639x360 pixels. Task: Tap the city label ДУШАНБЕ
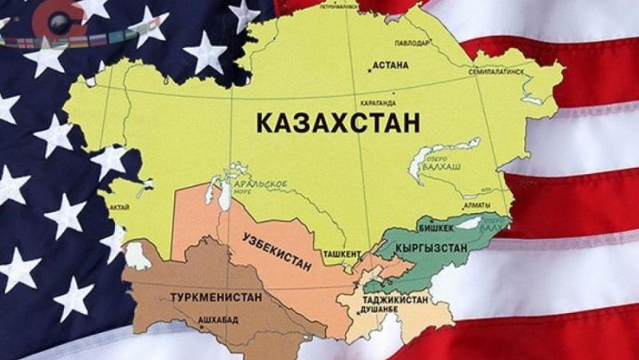pos(379,309)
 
